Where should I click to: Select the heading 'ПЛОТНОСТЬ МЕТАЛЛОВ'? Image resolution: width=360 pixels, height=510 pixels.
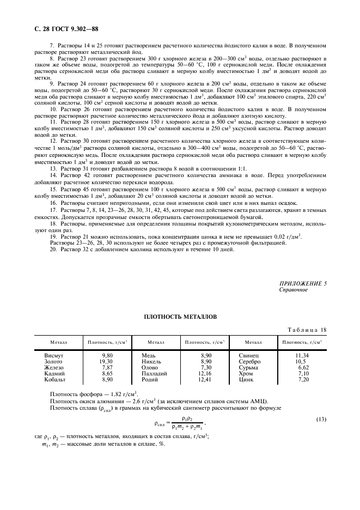180,315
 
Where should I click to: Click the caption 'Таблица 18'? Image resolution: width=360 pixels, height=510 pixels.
306,330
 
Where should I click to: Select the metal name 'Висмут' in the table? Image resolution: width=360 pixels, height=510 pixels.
54,355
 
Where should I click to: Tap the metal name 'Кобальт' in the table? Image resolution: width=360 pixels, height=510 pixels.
55,379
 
